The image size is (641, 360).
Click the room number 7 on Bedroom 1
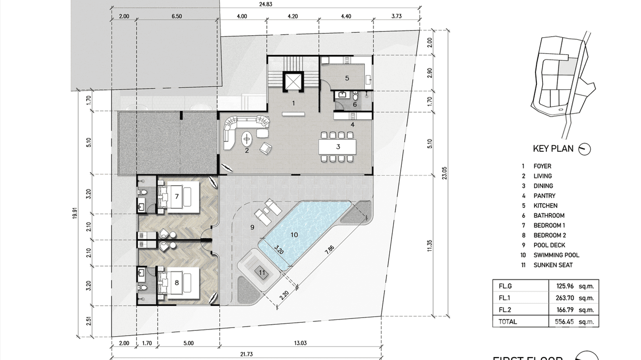(x=177, y=196)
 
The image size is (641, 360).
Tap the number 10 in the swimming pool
(x=294, y=234)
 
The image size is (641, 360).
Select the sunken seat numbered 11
(x=261, y=273)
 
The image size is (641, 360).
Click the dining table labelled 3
(x=338, y=147)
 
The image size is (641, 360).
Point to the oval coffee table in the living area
(x=247, y=139)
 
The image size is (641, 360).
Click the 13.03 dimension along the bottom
(x=301, y=342)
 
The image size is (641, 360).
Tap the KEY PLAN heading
(x=553, y=148)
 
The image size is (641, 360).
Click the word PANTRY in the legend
(x=545, y=196)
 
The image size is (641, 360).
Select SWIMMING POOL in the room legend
(x=556, y=255)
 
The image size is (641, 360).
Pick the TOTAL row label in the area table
(x=508, y=322)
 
